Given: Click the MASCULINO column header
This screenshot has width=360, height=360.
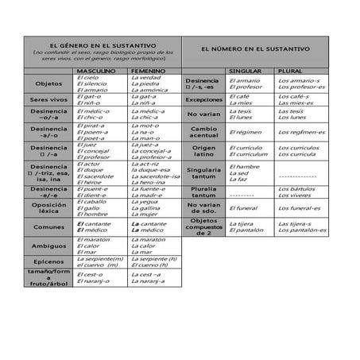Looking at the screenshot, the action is [95, 71].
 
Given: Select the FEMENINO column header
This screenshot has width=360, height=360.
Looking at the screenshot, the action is [148, 71].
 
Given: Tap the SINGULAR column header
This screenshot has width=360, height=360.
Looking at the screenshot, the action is [245, 71].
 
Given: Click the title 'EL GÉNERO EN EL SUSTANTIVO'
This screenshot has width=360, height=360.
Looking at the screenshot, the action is [102, 46].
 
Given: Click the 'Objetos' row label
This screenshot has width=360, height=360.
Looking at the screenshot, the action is [48, 83].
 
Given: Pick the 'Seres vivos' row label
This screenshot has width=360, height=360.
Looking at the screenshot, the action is [48, 99].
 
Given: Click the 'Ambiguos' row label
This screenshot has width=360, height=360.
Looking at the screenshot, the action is [48, 246].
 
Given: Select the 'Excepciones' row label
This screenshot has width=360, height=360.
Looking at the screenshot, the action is [204, 100].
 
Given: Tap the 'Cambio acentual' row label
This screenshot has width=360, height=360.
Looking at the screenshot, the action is [204, 131].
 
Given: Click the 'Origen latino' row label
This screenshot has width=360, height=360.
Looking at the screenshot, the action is [204, 151].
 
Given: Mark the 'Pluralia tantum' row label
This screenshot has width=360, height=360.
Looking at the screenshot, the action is [204, 192].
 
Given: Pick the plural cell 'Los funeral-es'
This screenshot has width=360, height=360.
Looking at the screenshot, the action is [300, 209].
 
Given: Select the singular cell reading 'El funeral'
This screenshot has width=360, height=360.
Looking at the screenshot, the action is [243, 209].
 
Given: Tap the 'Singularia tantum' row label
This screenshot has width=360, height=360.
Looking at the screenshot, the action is [204, 172].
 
